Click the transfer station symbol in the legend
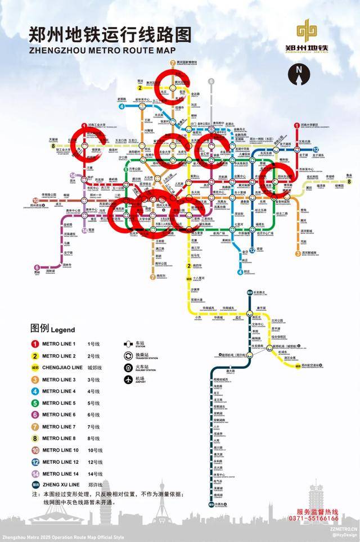(128, 355)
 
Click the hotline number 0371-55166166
(318, 518)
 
